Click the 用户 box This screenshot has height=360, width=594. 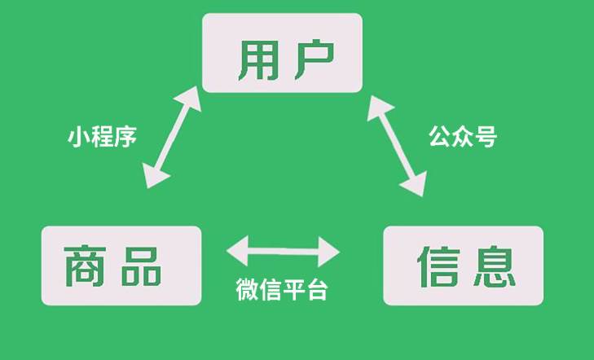(282, 53)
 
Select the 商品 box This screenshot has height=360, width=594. (121, 266)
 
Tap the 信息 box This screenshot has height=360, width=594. (464, 266)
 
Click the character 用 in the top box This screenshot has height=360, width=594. (257, 60)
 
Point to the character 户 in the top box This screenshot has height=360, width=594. (315, 59)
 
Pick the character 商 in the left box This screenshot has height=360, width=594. (85, 266)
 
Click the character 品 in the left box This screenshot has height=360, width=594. (141, 266)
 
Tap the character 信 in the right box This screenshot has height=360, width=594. (438, 266)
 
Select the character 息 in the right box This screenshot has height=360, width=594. (495, 266)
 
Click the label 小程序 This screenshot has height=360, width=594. (103, 137)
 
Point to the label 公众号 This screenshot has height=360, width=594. (463, 136)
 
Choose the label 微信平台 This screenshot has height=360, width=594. (282, 289)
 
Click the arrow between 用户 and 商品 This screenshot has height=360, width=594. (172, 137)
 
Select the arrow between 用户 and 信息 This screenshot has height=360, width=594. (397, 146)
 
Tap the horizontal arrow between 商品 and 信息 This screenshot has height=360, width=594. (283, 252)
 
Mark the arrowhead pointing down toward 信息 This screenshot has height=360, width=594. (415, 184)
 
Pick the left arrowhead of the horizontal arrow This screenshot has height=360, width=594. (237, 251)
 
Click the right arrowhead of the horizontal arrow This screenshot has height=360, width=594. (329, 252)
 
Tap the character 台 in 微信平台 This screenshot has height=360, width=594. (317, 290)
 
